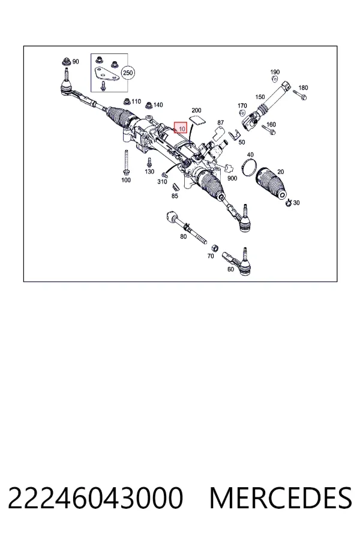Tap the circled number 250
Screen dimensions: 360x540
(x=128, y=73)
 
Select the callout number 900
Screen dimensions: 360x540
(x=232, y=178)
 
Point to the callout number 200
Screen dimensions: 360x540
(x=196, y=110)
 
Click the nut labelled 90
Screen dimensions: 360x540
(x=65, y=62)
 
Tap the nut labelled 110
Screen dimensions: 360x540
(x=127, y=101)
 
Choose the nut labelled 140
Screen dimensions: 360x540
(x=149, y=104)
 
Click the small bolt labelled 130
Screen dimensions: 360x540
(x=149, y=162)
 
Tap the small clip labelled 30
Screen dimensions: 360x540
(x=289, y=203)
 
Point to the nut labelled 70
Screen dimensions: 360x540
(x=214, y=248)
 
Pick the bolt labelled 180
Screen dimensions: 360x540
(x=300, y=95)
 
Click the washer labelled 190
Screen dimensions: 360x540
(x=275, y=79)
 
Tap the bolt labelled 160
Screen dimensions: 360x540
(x=268, y=130)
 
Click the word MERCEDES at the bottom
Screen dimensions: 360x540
(x=281, y=497)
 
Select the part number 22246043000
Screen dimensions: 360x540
(x=95, y=497)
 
